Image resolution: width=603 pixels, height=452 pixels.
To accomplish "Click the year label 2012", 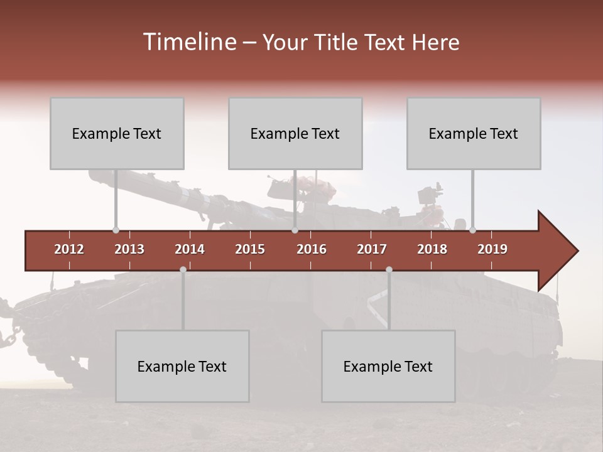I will pyautogui.click(x=69, y=249).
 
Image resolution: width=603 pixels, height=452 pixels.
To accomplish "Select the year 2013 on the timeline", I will pyautogui.click(x=129, y=249).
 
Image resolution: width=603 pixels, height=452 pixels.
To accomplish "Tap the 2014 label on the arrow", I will pyautogui.click(x=190, y=249).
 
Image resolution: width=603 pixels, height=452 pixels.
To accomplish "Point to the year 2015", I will pyautogui.click(x=250, y=249).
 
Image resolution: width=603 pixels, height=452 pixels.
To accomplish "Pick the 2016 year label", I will pyautogui.click(x=312, y=249).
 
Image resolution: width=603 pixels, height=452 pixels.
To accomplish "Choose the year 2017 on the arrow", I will pyautogui.click(x=372, y=249).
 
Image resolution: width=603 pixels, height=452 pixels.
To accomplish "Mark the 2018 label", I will pyautogui.click(x=432, y=249).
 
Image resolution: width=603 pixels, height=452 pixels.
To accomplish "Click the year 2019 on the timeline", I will pyautogui.click(x=492, y=249).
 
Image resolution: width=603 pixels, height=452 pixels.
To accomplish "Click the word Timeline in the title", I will pyautogui.click(x=189, y=42).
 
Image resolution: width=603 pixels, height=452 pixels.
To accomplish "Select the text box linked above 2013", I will pyautogui.click(x=117, y=133).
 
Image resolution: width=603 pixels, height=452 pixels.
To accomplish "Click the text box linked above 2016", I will pyautogui.click(x=295, y=133).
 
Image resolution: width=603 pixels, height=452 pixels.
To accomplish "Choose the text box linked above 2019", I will pyautogui.click(x=474, y=133).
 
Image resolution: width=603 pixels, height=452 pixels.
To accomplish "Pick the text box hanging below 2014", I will pyautogui.click(x=182, y=366).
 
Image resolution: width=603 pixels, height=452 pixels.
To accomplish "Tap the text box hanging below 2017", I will pyautogui.click(x=388, y=366).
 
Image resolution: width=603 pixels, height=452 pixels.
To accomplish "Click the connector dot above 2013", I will pyautogui.click(x=116, y=230).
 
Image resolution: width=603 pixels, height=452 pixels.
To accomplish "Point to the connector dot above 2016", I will pyautogui.click(x=295, y=230).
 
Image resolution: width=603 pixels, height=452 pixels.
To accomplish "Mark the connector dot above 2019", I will pyautogui.click(x=472, y=230).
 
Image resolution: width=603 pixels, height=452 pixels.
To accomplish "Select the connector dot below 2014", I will pyautogui.click(x=183, y=269).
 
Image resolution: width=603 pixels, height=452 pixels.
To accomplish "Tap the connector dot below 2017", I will pyautogui.click(x=389, y=269).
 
